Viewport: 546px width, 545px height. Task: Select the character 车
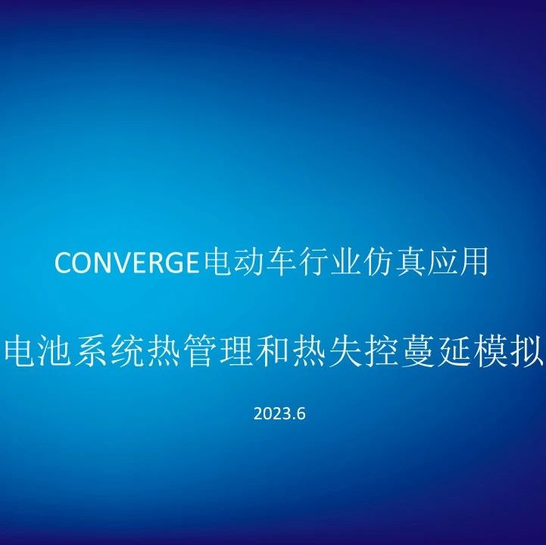click(x=262, y=263)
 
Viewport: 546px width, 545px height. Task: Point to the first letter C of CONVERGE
click(x=63, y=264)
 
